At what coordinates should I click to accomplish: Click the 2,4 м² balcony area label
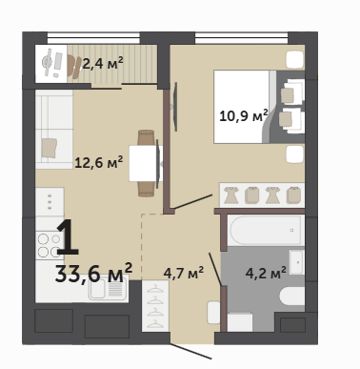coord(103,63)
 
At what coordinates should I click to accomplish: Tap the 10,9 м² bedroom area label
coord(244,115)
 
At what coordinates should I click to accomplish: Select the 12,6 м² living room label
coord(99,162)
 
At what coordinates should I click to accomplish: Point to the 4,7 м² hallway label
coord(184,273)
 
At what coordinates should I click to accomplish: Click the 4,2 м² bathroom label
coord(266,273)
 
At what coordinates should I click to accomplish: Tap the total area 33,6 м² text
coord(93,273)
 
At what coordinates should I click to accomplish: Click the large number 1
coord(68,237)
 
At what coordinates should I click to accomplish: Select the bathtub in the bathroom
coord(266,231)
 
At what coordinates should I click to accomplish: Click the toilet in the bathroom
coord(291,296)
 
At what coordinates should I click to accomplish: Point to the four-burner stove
coord(49,245)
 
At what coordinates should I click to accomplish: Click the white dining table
coord(146,163)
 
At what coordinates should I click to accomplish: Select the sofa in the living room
coord(54,130)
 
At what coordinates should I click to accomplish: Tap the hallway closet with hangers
coord(155,306)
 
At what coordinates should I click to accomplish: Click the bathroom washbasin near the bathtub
coord(297,262)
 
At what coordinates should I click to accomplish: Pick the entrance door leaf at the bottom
coord(190,351)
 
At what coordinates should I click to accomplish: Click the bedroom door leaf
coord(193,201)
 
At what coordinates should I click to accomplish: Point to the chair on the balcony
coord(74,67)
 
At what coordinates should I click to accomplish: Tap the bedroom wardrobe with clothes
coord(262,195)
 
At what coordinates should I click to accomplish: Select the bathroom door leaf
coord(215,269)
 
